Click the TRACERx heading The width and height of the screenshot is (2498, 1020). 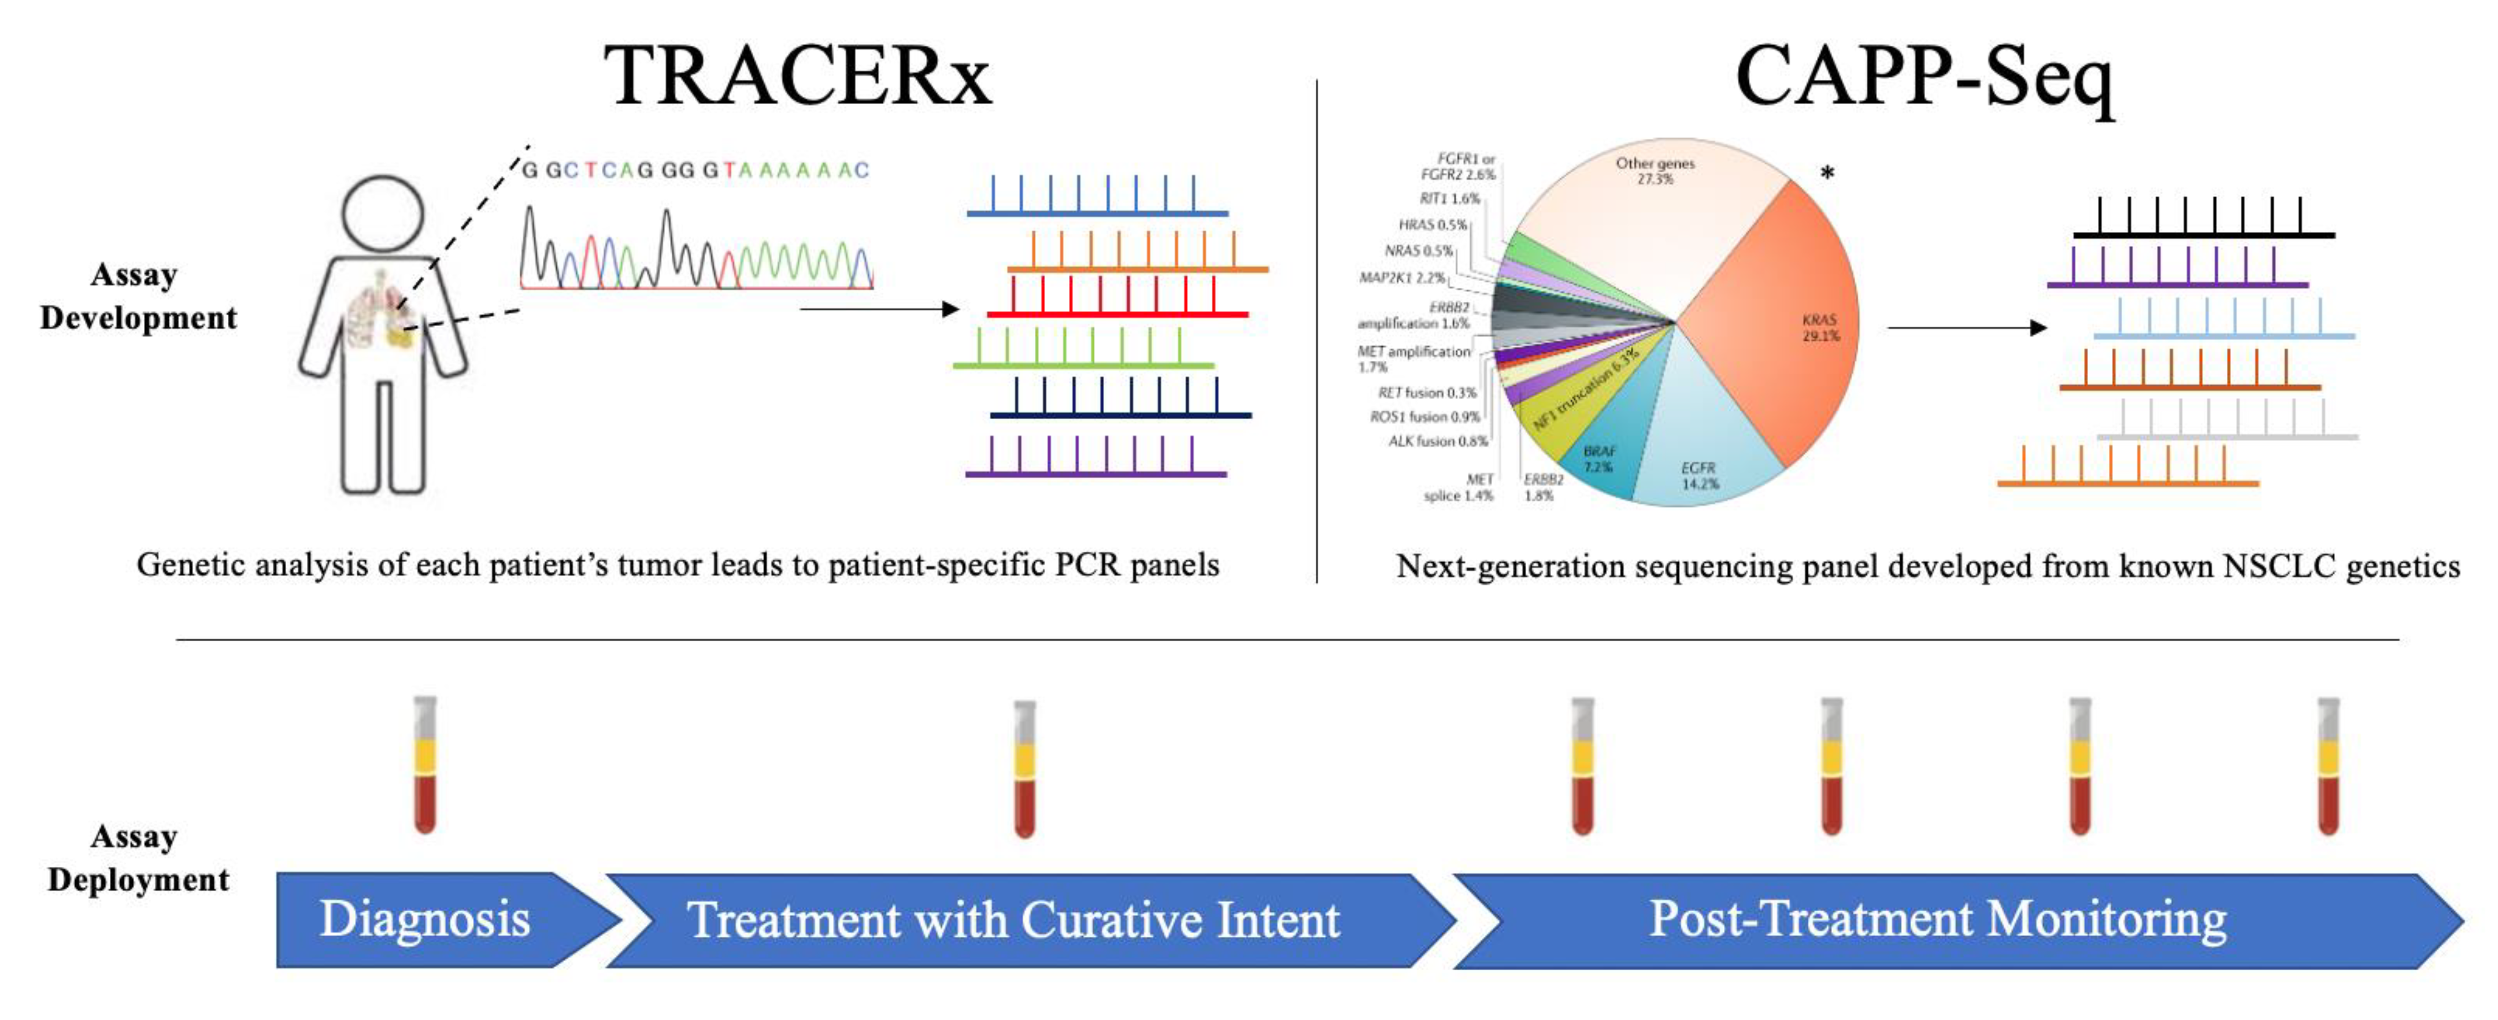pos(797,77)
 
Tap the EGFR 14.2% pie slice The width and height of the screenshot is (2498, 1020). pos(1707,456)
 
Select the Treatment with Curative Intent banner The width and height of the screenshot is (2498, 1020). pos(1013,920)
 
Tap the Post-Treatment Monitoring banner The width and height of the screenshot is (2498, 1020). pos(1937,920)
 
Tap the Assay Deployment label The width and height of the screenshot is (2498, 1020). pos(138,858)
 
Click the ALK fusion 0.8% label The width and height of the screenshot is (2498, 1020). pos(1437,441)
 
